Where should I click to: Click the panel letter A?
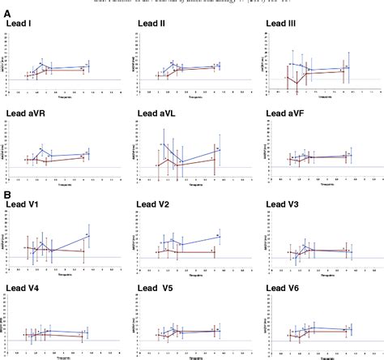pos(6,12)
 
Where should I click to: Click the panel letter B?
pos(6,195)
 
